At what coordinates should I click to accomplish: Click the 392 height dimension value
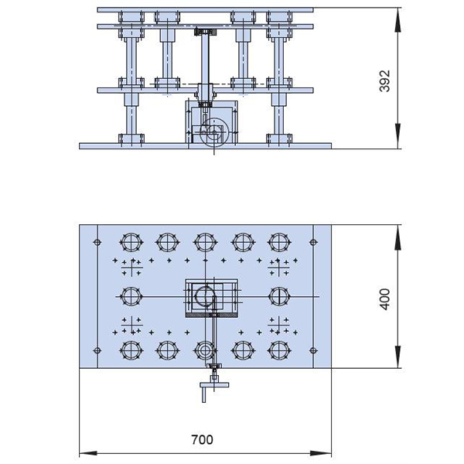click(384, 81)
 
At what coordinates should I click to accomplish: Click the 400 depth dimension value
click(384, 299)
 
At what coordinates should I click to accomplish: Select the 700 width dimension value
click(202, 440)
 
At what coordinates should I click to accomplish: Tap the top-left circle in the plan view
click(131, 242)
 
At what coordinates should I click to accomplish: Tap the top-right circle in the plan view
click(279, 242)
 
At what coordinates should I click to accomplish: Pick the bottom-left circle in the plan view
click(131, 350)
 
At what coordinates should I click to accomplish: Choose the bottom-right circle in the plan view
click(279, 350)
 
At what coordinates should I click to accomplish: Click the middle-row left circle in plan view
click(131, 296)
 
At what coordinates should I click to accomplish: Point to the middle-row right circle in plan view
click(279, 296)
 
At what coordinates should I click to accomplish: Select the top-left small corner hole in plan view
click(97, 242)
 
